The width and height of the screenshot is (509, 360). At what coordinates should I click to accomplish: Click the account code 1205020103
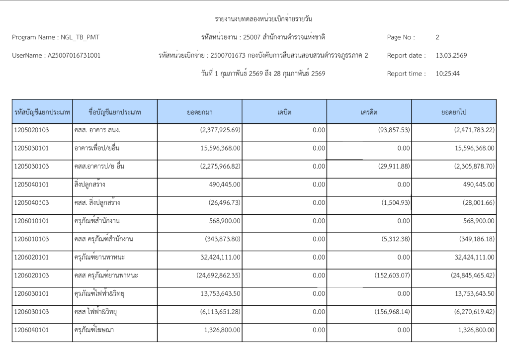tap(32, 130)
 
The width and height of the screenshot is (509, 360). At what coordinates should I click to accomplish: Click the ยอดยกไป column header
tap(453, 112)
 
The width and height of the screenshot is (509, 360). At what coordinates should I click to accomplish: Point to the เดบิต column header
tap(284, 112)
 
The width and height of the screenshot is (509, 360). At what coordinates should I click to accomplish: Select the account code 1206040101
tap(32, 330)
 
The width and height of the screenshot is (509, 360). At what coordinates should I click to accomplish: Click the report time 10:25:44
tap(448, 74)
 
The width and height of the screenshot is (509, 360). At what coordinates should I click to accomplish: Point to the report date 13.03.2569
tap(451, 56)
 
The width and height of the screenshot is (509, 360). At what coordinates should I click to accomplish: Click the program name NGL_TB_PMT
tap(83, 37)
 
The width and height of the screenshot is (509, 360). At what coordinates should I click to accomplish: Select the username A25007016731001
tap(74, 56)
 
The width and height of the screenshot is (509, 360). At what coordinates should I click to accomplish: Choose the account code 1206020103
tap(32, 275)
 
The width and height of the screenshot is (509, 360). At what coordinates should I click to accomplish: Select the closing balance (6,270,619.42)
tap(467, 312)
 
